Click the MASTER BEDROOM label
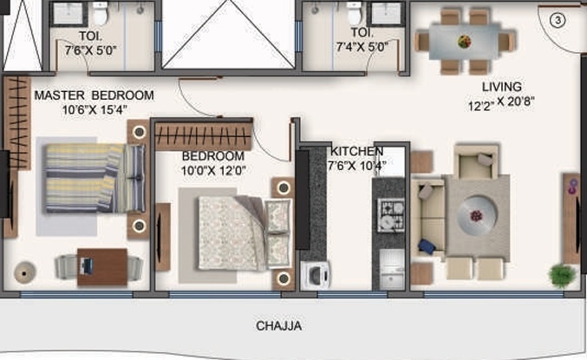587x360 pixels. tap(94, 95)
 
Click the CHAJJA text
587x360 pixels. tap(278, 327)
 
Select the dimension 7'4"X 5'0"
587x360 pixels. tap(363, 49)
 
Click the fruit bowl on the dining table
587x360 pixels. tap(465, 40)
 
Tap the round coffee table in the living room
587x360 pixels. tap(475, 212)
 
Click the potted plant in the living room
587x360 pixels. tap(562, 275)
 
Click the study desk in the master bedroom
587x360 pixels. tap(101, 263)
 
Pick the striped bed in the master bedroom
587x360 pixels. tap(94, 178)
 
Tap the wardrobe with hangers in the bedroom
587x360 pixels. tap(204, 136)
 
